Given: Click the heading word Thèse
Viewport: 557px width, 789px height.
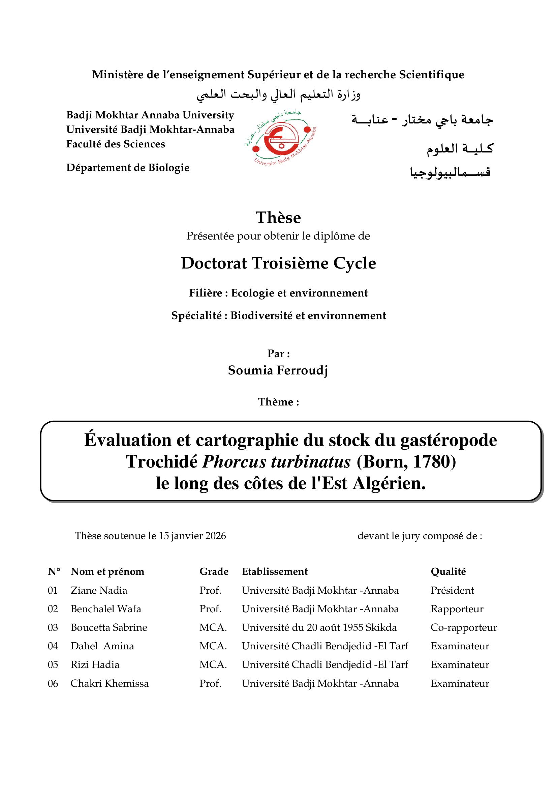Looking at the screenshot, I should pos(278,218).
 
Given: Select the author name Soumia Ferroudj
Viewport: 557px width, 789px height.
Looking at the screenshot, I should pos(278,370).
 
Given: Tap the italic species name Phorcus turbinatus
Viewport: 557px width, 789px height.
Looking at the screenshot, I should pos(276,461).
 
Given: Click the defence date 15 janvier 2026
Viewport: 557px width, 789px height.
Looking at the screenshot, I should pos(192,536).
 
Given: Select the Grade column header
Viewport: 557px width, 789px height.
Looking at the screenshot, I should pos(214,571).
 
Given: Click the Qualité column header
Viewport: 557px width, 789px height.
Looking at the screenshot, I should pos(448,571).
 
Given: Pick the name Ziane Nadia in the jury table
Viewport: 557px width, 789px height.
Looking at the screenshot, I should pos(99,590).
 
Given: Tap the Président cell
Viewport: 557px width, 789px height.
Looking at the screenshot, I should pos(452,590).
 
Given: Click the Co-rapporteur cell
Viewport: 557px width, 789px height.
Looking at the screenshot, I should pos(464,627).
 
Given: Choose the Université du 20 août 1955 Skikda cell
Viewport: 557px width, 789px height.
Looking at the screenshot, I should pos(319,627).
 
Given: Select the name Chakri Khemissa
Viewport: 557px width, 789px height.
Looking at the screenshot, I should pos(110,683).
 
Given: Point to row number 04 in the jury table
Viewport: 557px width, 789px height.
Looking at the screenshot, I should pos(53,646).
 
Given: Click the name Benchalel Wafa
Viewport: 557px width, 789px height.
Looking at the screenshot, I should pos(106,609).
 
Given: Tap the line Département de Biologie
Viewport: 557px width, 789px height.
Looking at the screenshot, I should pos(128,168).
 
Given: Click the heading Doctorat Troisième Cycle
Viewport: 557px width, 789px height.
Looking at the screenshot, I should pos(278,263).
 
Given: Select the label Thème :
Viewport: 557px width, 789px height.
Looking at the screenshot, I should pos(278,402).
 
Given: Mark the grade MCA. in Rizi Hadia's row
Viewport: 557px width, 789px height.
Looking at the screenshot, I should pos(213,665).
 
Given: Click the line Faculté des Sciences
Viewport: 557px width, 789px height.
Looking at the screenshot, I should pos(116,144).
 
